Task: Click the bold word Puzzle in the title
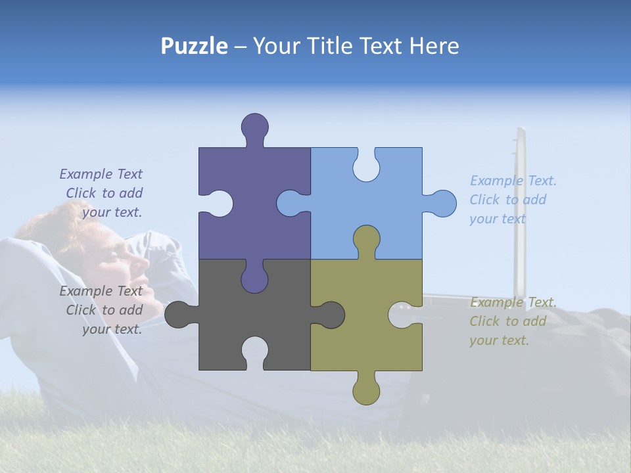click(195, 46)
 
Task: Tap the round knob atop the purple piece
click(254, 126)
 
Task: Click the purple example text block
click(102, 193)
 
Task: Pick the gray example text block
click(102, 310)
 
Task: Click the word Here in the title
click(434, 46)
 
